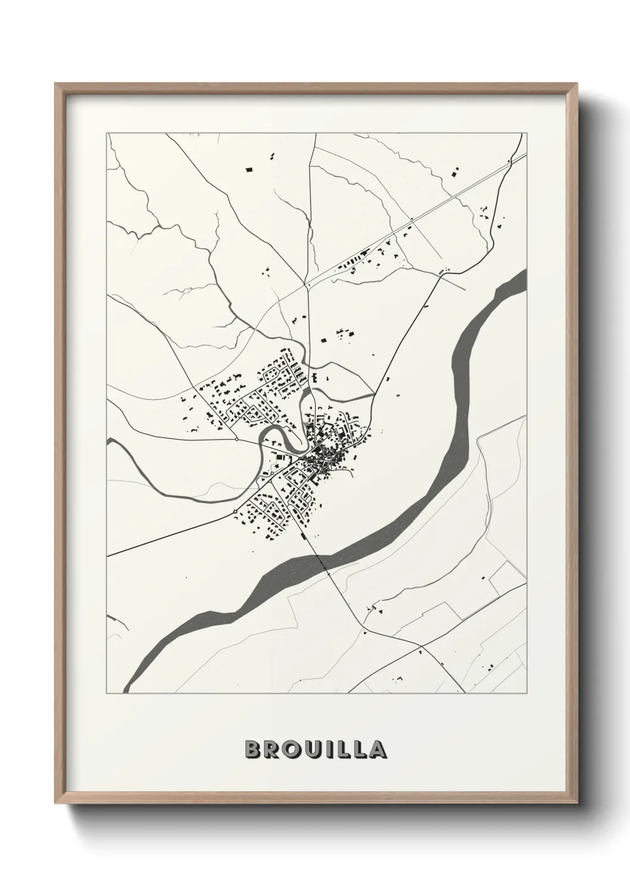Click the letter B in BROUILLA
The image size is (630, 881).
pyautogui.click(x=252, y=749)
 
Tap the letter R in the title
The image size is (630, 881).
pyautogui.click(x=272, y=749)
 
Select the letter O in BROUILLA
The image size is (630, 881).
pyautogui.click(x=292, y=749)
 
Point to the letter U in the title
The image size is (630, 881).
pyautogui.click(x=312, y=749)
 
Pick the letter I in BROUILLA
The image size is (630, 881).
pyautogui.click(x=328, y=749)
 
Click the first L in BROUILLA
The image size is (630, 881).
pyautogui.click(x=341, y=749)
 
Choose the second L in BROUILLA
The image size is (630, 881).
pyautogui.click(x=358, y=749)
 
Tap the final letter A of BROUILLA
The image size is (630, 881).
pyautogui.click(x=378, y=749)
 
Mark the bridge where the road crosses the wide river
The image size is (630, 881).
pyautogui.click(x=322, y=563)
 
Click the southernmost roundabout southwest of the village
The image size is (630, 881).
pyautogui.click(x=236, y=511)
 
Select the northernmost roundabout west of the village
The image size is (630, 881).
pyautogui.click(x=237, y=439)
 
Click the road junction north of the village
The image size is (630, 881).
pyautogui.click(x=307, y=286)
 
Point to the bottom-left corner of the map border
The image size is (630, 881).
pyautogui.click(x=107, y=693)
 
